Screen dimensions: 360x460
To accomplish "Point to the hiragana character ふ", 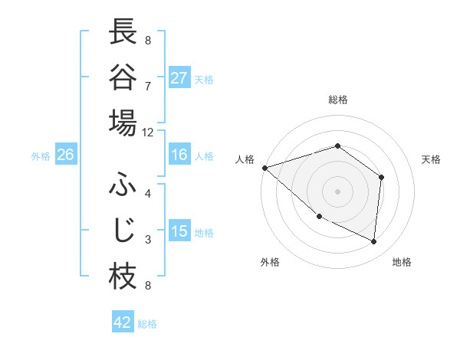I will tap(123, 185).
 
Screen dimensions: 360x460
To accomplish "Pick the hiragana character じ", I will tap(123, 231).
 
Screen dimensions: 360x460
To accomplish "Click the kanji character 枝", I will tap(123, 277).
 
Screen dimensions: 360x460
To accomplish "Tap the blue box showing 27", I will tap(179, 78).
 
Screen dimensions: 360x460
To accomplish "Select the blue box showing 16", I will tap(179, 155).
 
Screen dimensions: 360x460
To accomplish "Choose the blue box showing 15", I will tap(179, 232).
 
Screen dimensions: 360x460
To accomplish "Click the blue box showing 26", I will tap(65, 155).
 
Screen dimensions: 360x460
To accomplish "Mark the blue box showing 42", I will tap(123, 322).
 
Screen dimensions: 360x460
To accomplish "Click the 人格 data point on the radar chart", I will tap(264, 167).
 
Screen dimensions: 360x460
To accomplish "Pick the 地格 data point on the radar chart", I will tap(374, 242).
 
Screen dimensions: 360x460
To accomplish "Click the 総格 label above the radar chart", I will tap(338, 100).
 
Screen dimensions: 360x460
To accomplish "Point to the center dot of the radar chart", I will tap(338, 191).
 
